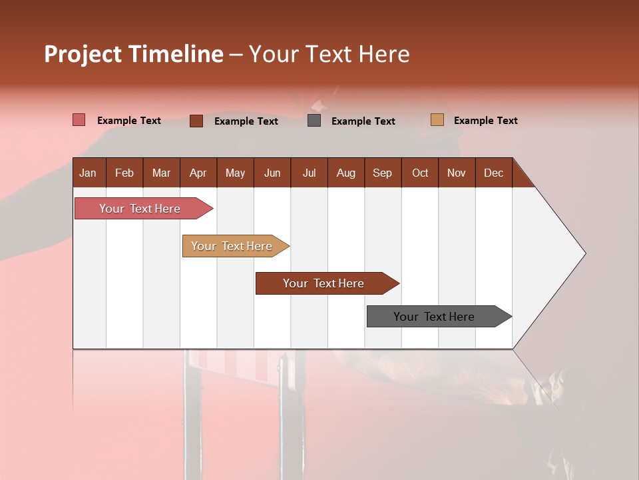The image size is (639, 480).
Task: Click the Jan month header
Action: [x=88, y=173]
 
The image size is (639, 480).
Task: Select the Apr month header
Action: [x=198, y=173]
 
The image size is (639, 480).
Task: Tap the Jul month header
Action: [x=309, y=173]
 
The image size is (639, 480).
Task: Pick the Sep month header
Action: [x=382, y=173]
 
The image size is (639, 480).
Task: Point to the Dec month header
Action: [x=493, y=173]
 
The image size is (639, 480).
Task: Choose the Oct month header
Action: [x=420, y=173]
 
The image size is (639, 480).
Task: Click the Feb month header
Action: [x=124, y=173]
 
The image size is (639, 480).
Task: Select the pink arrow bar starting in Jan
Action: [x=140, y=209]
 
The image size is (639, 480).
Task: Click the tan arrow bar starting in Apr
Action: [x=232, y=246]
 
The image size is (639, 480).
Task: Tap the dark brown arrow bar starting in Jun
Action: [x=324, y=283]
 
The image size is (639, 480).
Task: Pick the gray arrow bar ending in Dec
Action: [x=435, y=317]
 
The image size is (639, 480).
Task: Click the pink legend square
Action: [x=79, y=120]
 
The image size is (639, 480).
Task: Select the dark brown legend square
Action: [x=196, y=121]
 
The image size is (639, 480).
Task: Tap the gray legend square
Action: [x=314, y=121]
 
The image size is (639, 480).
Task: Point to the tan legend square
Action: [x=437, y=120]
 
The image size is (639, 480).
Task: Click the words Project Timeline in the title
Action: [x=133, y=54]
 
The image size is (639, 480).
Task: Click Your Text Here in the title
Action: [x=329, y=54]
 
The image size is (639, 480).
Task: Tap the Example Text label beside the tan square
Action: [x=485, y=120]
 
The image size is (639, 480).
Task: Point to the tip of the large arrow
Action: [x=584, y=253]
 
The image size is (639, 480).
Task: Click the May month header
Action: [x=235, y=173]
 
